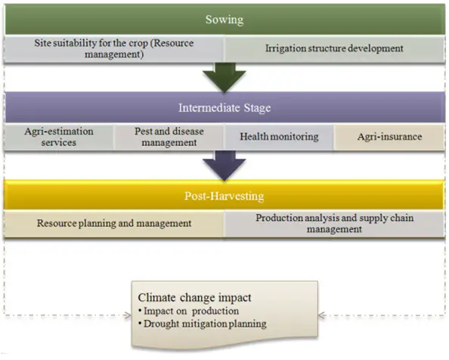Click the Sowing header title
(x=224, y=20)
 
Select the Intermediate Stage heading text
(x=224, y=107)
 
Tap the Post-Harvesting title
(x=224, y=196)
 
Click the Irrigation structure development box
(x=334, y=48)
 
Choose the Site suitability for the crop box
(x=114, y=48)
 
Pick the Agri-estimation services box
(x=59, y=137)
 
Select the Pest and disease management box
(x=169, y=137)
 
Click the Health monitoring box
(x=279, y=137)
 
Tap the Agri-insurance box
(x=389, y=137)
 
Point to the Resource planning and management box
(x=114, y=223)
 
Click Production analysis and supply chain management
(x=334, y=223)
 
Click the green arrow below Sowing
(x=224, y=77)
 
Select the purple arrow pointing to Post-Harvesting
(x=224, y=166)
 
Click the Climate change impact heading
(x=194, y=297)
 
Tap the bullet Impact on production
(x=188, y=311)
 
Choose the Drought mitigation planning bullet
(x=202, y=324)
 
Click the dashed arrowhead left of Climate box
(x=127, y=315)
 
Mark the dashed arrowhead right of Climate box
(x=322, y=315)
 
